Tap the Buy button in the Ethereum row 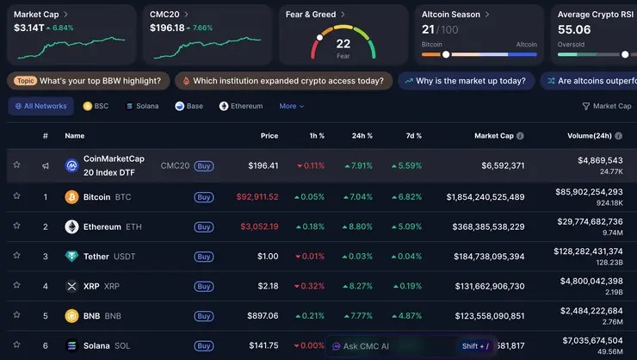point(204,227)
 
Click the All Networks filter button point(40,106)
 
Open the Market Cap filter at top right point(607,106)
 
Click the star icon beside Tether point(16,256)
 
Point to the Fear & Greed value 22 point(343,44)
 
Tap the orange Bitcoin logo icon point(71,197)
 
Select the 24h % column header point(362,135)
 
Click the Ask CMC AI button point(362,346)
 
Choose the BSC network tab point(96,106)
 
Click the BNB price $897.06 point(262,315)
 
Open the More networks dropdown point(292,106)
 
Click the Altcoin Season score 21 point(428,29)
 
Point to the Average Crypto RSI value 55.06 point(574,29)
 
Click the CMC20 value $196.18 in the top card point(167,28)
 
